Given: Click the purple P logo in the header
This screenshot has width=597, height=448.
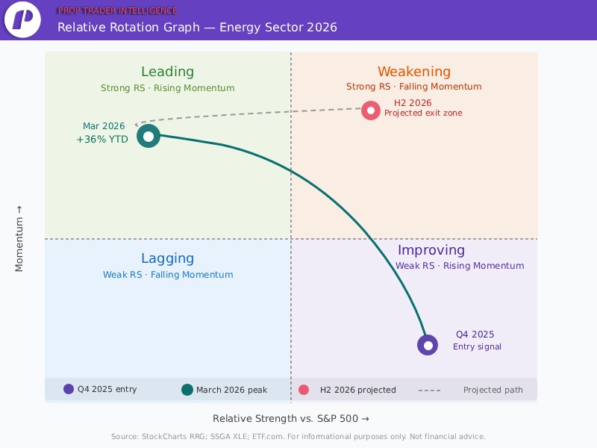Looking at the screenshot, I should click(22, 20).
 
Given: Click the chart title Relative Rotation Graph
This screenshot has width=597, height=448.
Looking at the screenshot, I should click(197, 28).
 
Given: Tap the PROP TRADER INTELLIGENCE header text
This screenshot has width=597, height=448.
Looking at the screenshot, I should click(117, 10).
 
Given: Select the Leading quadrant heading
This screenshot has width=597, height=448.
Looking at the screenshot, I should click(167, 72).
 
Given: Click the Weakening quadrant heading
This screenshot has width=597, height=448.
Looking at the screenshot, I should click(413, 72).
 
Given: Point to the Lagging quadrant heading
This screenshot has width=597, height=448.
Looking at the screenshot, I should click(167, 258).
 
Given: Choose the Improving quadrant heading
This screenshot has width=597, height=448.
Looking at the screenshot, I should click(431, 250).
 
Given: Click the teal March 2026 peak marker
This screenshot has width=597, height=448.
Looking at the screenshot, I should click(149, 136).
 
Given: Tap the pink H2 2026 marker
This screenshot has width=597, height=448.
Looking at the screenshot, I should click(370, 111).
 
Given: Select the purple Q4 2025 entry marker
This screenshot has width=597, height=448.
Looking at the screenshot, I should click(427, 345).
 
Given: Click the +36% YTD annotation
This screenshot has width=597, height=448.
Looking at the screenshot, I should click(102, 139).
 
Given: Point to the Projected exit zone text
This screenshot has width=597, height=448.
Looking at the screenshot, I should click(422, 113).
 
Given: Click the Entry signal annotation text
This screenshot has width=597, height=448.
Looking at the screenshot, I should click(477, 346).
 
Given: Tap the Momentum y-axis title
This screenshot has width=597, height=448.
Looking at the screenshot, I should click(19, 238).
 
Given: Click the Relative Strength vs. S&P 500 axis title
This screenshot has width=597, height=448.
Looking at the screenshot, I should click(290, 418).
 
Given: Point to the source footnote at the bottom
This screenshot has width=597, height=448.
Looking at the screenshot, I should click(298, 436).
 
